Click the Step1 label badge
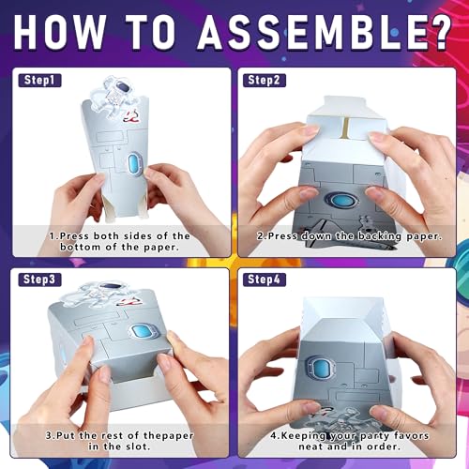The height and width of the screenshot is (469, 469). point(39,80)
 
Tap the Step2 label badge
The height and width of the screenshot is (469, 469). point(265,80)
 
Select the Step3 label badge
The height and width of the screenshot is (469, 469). point(39,280)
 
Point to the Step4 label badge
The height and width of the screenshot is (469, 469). point(265,280)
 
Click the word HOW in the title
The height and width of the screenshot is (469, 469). point(59,31)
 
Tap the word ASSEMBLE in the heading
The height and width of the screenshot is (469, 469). point(311,31)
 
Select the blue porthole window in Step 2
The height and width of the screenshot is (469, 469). point(340,200)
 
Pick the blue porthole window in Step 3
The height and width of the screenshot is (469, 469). point(142,332)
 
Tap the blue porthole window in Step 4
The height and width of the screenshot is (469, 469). point(320,368)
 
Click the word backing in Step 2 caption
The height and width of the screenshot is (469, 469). point(379,236)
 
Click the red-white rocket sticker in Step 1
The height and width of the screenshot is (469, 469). point(132,116)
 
